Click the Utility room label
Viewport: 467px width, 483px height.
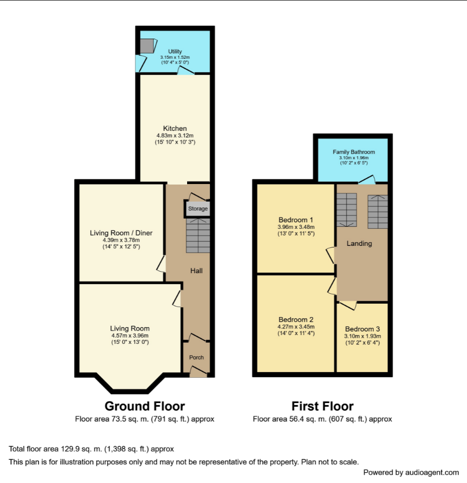pos(175,52)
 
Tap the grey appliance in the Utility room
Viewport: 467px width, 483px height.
pos(147,46)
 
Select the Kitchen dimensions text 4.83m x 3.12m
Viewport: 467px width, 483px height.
pos(175,135)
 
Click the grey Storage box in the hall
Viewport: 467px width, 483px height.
pos(197,209)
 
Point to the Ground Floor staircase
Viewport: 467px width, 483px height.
pos(198,236)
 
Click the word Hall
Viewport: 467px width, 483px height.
pos(196,271)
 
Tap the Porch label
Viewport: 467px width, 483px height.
pos(196,357)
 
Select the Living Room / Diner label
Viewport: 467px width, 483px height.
pos(121,233)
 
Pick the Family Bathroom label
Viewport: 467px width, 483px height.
pos(354,152)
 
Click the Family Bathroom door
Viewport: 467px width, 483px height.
pos(366,180)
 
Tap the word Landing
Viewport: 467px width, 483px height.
pos(359,243)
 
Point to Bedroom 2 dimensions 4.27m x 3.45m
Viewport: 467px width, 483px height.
pos(296,326)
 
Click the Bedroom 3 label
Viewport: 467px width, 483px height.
pos(362,329)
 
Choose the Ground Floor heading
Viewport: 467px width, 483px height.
pos(144,406)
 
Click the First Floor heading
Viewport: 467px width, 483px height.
pos(322,406)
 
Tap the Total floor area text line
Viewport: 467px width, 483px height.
pos(91,449)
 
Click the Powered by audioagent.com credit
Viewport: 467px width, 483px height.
pos(411,472)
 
